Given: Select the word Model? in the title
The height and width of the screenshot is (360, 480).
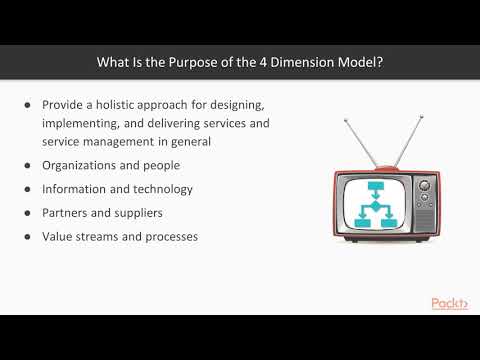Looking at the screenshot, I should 361,62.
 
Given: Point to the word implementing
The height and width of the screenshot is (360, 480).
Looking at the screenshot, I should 82,123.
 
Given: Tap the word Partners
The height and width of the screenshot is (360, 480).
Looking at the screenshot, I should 66,213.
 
